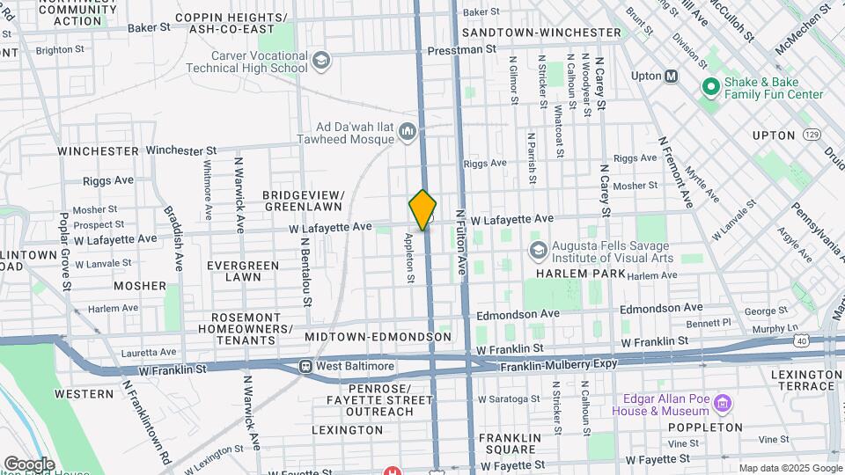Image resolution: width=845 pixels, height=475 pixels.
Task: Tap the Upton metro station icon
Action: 672,76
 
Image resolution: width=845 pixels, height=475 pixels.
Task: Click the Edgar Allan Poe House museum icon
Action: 724,404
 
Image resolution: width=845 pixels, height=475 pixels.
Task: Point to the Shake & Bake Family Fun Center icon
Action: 709,87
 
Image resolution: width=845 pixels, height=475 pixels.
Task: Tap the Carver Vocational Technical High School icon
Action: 320,61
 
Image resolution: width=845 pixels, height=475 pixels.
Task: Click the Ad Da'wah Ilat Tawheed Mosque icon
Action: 407,132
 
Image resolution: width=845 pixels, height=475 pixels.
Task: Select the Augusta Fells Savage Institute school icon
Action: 537,251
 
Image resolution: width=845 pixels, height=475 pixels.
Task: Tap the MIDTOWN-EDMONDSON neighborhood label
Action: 378,337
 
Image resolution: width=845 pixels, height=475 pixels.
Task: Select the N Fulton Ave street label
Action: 460,241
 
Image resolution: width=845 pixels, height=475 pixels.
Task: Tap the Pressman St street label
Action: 462,50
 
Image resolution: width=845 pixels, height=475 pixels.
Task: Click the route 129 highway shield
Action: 812,135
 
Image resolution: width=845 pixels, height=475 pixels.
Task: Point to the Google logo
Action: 28,464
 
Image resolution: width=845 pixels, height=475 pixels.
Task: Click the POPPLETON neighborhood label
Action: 706,427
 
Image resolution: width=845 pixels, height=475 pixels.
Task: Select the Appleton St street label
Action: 409,257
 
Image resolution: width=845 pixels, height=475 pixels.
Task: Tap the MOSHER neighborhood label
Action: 139,286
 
